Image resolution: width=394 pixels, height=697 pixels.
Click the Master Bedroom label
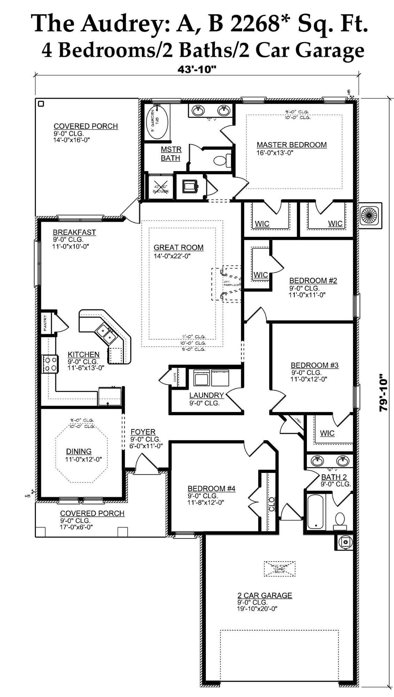pos(292,145)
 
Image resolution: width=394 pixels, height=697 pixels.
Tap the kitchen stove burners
pos(49,363)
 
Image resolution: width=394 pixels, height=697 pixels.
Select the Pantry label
pos(45,323)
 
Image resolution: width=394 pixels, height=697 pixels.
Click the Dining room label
pos(79,451)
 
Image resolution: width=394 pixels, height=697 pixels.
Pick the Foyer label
pos(143,432)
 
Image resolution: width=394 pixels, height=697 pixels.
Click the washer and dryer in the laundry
pos(211,378)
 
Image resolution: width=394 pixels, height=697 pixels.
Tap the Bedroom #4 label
pos(211,489)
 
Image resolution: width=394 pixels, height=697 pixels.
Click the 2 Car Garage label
pos(265,595)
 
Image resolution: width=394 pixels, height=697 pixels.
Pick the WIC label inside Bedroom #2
pos(261,275)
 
